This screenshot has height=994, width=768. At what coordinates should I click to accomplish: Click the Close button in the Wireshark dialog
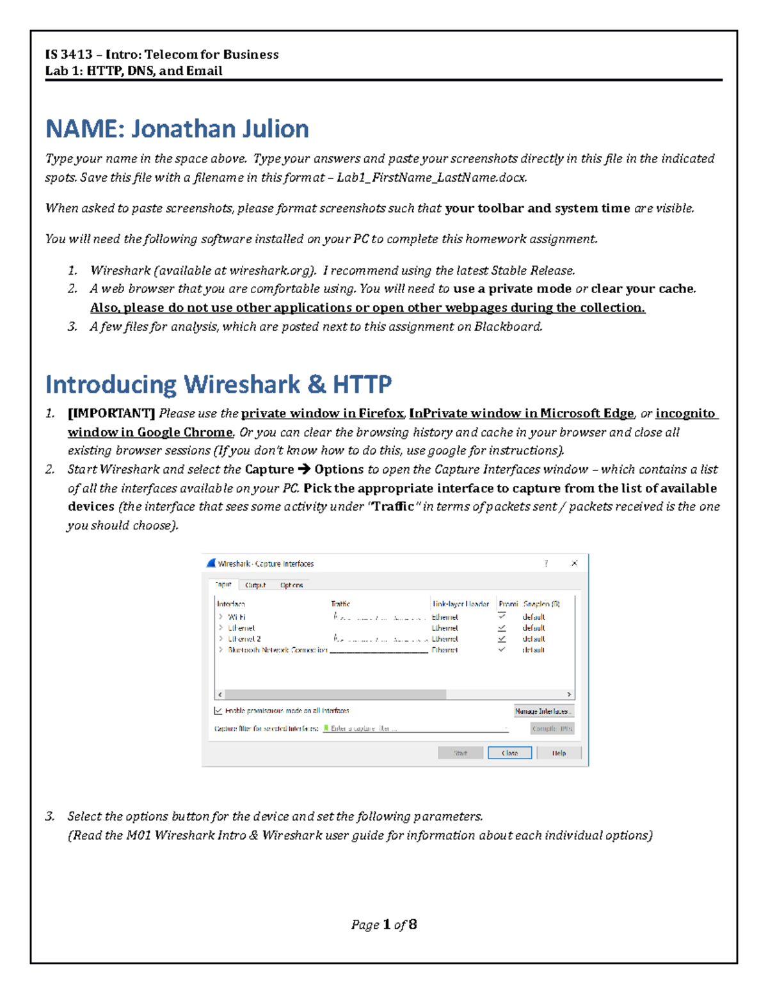(509, 753)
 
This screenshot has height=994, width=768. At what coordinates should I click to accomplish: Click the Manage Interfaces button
(543, 711)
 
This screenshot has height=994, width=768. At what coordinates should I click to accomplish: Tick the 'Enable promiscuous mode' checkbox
(218, 710)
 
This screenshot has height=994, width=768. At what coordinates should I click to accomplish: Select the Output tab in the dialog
(255, 585)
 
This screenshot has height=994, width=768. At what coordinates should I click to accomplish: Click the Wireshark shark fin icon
(211, 563)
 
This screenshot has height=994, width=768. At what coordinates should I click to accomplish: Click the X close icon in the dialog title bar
(574, 563)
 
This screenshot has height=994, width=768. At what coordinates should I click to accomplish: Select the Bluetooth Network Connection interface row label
(277, 650)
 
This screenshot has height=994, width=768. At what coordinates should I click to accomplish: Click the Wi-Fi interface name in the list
(236, 617)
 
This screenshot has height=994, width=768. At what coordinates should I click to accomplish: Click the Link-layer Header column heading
(461, 604)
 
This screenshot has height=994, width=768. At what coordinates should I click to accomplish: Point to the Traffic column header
(340, 604)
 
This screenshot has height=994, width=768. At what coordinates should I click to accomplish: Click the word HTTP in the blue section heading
(362, 384)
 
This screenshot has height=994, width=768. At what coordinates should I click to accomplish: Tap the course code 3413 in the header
(76, 54)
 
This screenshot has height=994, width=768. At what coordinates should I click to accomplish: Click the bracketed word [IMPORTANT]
(111, 413)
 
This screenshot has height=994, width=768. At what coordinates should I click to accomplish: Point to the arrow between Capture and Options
(304, 469)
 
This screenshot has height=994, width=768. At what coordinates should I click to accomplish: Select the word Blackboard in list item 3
(508, 326)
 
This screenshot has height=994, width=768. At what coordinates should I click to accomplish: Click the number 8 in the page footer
(413, 924)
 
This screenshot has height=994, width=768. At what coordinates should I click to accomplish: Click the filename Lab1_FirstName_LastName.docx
(432, 177)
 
